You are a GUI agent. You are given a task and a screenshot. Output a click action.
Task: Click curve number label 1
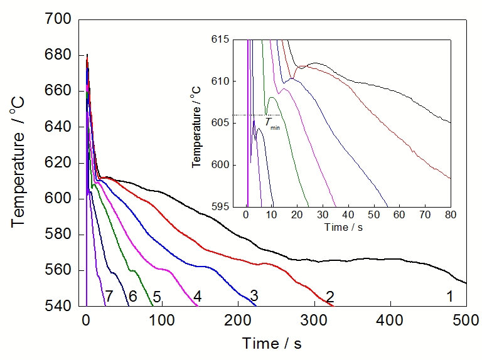pyautogui.click(x=449, y=296)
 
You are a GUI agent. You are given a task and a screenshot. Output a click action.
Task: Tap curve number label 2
pyautogui.click(x=329, y=296)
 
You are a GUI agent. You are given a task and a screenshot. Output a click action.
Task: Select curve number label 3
pyautogui.click(x=254, y=295)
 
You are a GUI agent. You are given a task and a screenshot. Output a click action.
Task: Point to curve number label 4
pyautogui.click(x=197, y=296)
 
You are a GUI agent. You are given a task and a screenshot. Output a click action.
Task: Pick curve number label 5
pyautogui.click(x=157, y=296)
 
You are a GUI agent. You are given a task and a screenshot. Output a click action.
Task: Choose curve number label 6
pyautogui.click(x=132, y=296)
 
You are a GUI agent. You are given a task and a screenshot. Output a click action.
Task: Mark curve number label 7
pyautogui.click(x=109, y=296)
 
